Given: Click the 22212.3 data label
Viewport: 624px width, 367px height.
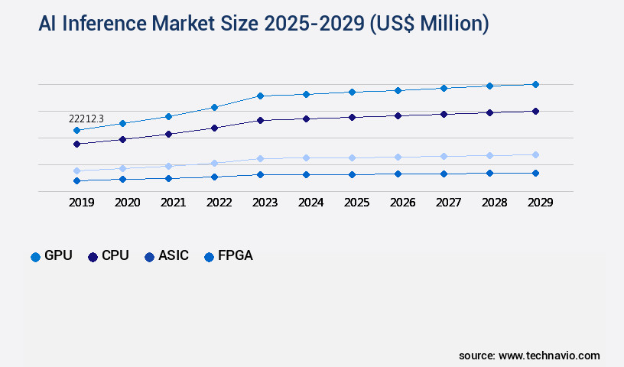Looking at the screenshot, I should (x=86, y=119).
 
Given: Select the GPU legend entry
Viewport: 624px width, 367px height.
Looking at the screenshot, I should (x=51, y=256).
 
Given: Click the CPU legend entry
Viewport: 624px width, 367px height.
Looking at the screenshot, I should (x=108, y=256).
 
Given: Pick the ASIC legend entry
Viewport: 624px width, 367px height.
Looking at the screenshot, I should (x=167, y=256).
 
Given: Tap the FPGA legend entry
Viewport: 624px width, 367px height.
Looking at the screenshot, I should (x=228, y=256).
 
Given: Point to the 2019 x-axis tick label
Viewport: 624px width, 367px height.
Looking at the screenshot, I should (x=82, y=203).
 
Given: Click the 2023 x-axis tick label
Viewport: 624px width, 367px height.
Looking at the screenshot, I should (x=265, y=203).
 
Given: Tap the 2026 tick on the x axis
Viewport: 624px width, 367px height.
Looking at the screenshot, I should (x=402, y=203).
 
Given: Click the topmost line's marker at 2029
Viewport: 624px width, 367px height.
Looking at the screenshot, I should (x=535, y=84).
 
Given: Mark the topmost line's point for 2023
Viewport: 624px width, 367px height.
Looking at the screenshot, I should (x=260, y=96).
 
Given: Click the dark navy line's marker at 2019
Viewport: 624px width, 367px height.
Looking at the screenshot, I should (x=76, y=144).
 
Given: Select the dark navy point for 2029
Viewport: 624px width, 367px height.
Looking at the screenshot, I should (x=535, y=111).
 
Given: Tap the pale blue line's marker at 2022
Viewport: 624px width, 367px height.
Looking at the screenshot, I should (x=214, y=163).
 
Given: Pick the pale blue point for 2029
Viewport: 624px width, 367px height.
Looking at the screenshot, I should (x=535, y=154).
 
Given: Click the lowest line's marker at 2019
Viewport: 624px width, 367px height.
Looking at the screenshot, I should (x=76, y=180).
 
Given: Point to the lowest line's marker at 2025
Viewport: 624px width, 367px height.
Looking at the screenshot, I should (x=352, y=174).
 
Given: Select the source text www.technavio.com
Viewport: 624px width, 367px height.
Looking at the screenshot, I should (x=549, y=356).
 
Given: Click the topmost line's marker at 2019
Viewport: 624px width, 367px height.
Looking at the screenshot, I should (x=76, y=130).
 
